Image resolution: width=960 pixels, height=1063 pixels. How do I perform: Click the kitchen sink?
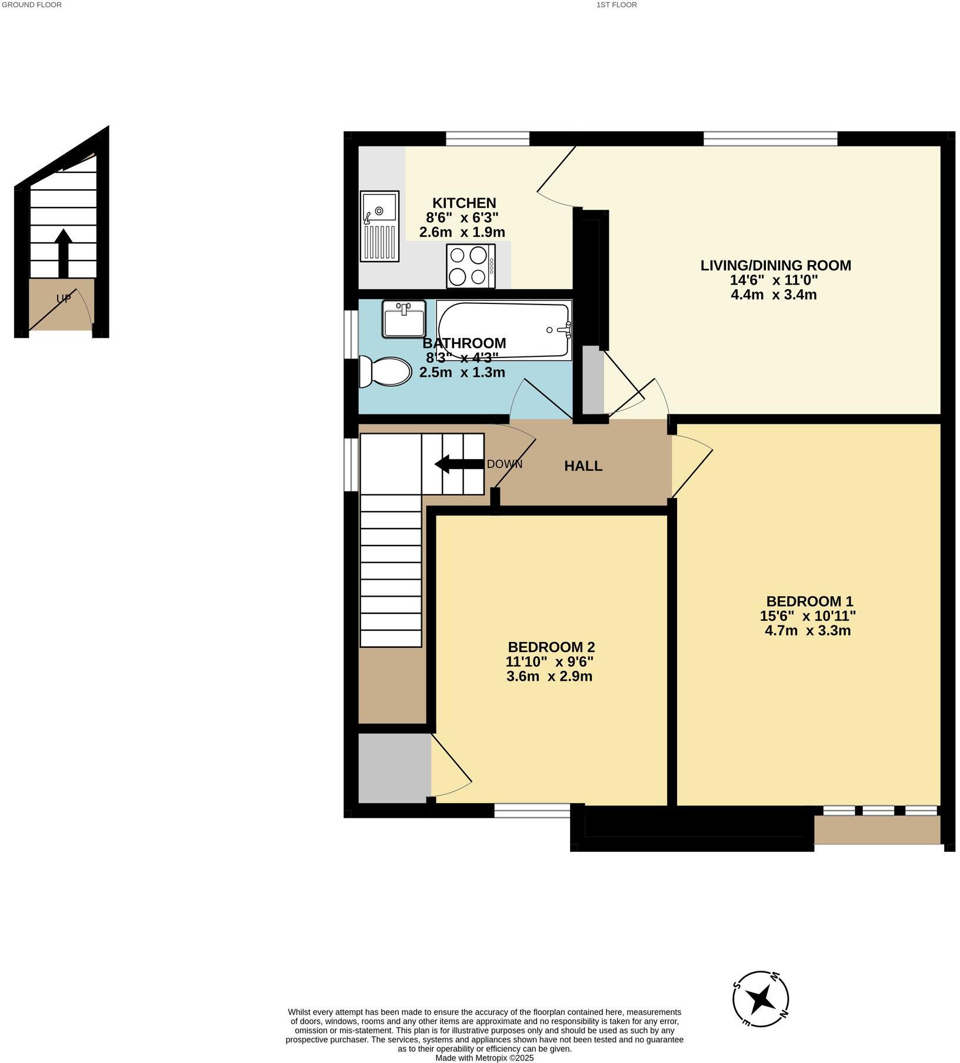379,226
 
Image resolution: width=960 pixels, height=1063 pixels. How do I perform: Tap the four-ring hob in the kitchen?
470,266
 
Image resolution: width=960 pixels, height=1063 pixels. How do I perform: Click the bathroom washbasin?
404,319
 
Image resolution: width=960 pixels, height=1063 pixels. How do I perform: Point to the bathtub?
504,329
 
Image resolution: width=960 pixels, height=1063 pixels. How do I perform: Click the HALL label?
583,466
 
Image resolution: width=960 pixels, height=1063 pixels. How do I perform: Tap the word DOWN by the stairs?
504,464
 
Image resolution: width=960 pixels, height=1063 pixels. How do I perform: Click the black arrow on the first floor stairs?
458,464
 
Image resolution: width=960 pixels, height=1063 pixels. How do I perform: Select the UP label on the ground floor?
64,299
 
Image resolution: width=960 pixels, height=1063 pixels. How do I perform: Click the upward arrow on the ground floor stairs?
63,252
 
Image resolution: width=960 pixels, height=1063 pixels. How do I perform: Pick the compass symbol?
761,998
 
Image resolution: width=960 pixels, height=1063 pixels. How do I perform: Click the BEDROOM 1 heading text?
809,601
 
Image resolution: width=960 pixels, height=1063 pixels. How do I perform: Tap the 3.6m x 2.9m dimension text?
549,676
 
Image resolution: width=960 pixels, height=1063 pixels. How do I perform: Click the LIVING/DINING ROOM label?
775,265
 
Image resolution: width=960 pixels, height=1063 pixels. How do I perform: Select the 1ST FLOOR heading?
616,5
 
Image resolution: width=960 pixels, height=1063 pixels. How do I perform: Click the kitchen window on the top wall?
487,139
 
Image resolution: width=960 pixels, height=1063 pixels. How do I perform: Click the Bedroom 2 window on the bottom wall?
532,811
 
